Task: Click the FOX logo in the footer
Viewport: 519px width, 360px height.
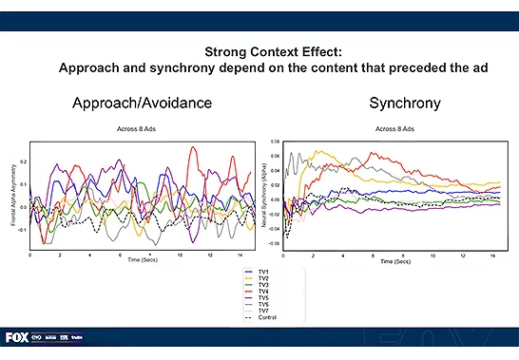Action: click(16, 337)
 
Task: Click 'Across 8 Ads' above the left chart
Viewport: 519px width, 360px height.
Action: click(143, 128)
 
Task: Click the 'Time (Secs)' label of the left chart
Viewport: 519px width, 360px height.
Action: click(142, 259)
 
